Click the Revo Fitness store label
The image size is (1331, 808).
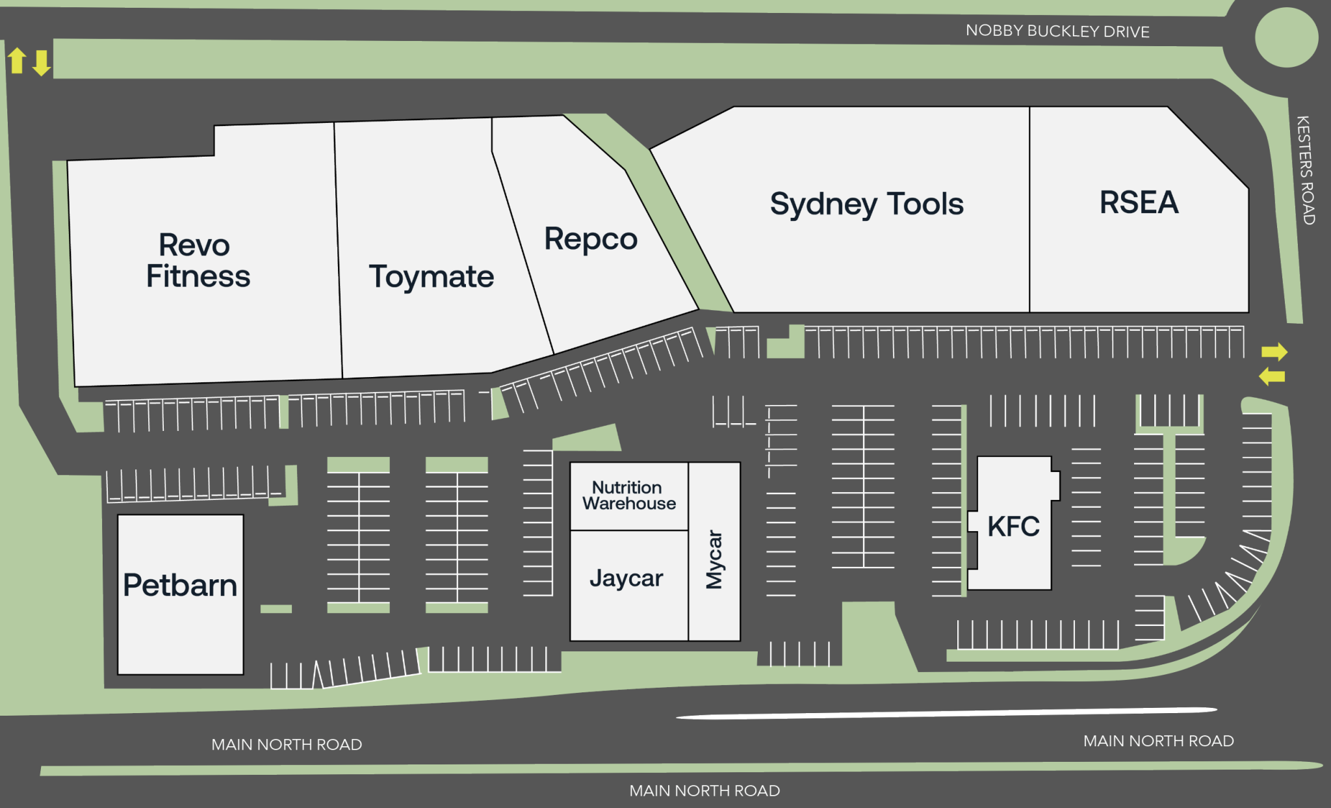coord(198,261)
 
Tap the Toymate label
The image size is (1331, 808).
coord(432,277)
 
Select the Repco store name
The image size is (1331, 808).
coord(590,239)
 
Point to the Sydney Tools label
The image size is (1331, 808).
coord(866,204)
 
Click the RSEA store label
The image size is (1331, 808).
coord(1139,202)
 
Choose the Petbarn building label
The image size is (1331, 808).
coord(180,585)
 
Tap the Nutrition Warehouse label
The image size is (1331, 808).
coord(628,495)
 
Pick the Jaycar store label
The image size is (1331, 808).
coord(626,578)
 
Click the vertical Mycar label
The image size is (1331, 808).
coord(714,559)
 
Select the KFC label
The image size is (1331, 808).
coord(1013,526)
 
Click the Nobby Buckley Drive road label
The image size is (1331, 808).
coord(1057,31)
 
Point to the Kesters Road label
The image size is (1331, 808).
coord(1305,170)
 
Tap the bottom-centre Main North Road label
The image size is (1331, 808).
coord(704,790)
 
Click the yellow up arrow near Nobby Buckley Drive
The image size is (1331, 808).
coord(17,60)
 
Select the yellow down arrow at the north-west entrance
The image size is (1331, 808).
coord(42,63)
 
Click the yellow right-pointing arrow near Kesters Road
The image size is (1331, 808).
coord(1274,352)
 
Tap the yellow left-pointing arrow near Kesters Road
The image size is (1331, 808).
coord(1272,376)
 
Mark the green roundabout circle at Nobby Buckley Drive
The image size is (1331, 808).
coord(1286,37)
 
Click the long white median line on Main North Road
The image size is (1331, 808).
coord(946,713)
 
